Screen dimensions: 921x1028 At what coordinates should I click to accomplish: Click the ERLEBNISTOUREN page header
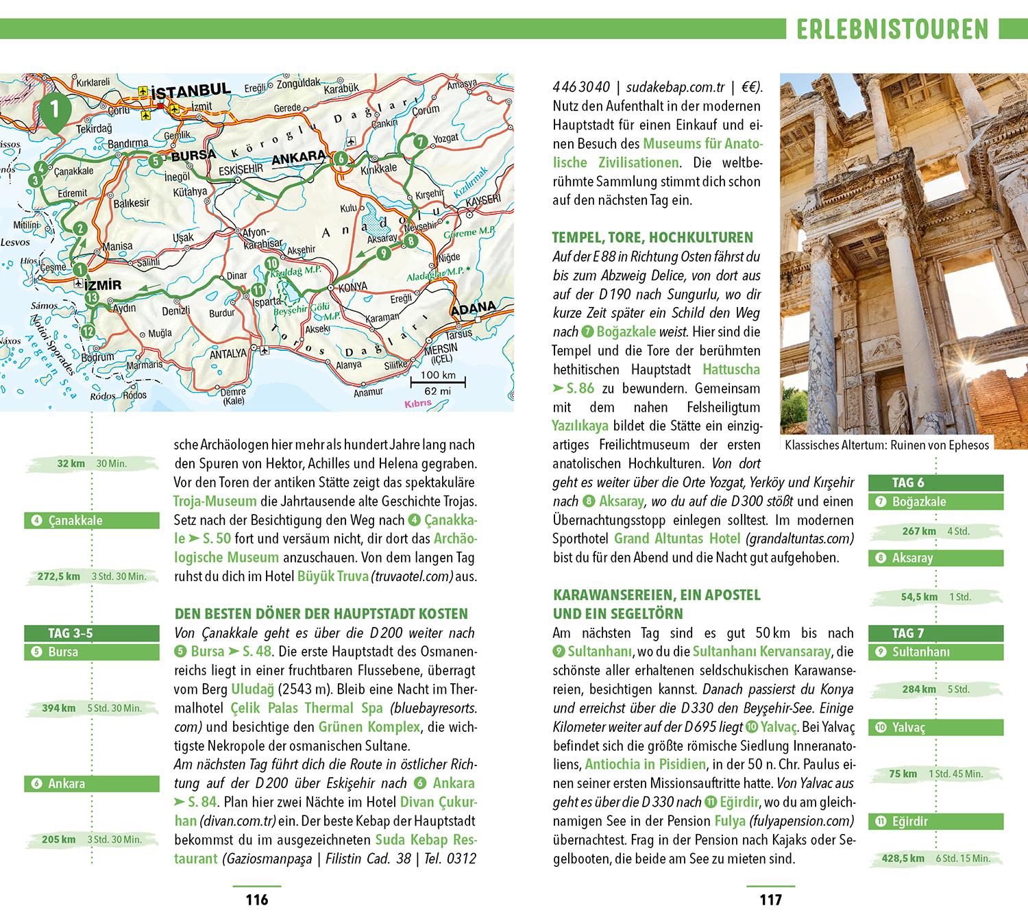pos(893,29)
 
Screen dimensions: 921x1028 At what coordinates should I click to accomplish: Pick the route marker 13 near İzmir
pos(91,297)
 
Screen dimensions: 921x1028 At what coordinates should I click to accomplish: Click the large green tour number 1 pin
pos(53,110)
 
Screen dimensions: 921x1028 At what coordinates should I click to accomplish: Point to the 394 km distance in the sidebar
pos(59,708)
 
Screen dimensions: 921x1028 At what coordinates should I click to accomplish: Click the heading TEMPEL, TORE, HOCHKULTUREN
pos(652,238)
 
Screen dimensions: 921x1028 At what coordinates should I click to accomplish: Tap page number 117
pos(771,900)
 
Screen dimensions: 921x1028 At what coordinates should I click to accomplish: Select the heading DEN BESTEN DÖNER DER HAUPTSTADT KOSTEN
pos(321,614)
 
